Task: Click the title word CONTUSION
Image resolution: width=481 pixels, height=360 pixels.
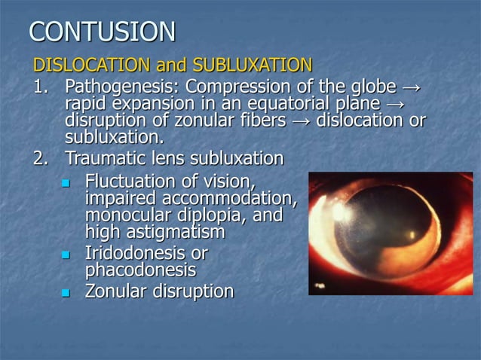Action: (102, 32)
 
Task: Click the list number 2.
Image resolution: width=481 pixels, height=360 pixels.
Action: (40, 159)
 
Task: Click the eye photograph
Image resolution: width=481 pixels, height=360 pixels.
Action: (391, 233)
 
